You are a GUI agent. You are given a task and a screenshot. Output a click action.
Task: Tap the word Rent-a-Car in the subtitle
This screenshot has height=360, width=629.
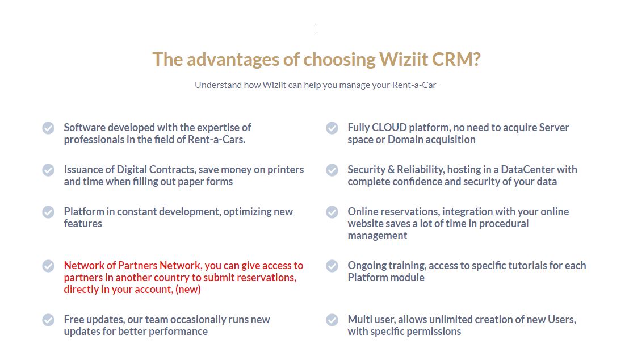coord(414,85)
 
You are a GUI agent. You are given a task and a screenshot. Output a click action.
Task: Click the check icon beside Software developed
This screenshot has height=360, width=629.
coord(48,128)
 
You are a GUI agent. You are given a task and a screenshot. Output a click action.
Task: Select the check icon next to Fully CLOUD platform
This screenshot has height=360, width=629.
coord(332,128)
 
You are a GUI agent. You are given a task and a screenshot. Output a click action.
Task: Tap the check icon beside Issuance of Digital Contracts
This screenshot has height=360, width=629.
coord(48,170)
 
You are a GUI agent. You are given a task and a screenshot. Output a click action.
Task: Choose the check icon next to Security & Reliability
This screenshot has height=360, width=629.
coord(332,170)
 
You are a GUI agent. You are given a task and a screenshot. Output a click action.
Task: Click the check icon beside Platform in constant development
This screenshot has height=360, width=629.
coord(48,212)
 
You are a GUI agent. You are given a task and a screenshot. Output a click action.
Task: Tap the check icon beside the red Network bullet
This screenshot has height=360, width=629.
coord(48,266)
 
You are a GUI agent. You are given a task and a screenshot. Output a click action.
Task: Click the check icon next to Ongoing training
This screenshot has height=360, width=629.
coord(332,266)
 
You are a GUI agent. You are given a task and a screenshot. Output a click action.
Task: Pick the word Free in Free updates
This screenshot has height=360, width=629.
coord(74,320)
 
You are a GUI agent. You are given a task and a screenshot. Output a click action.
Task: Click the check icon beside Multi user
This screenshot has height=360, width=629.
coord(332,320)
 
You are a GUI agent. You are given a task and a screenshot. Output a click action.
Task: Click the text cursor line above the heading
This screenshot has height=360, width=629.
coord(317,30)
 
